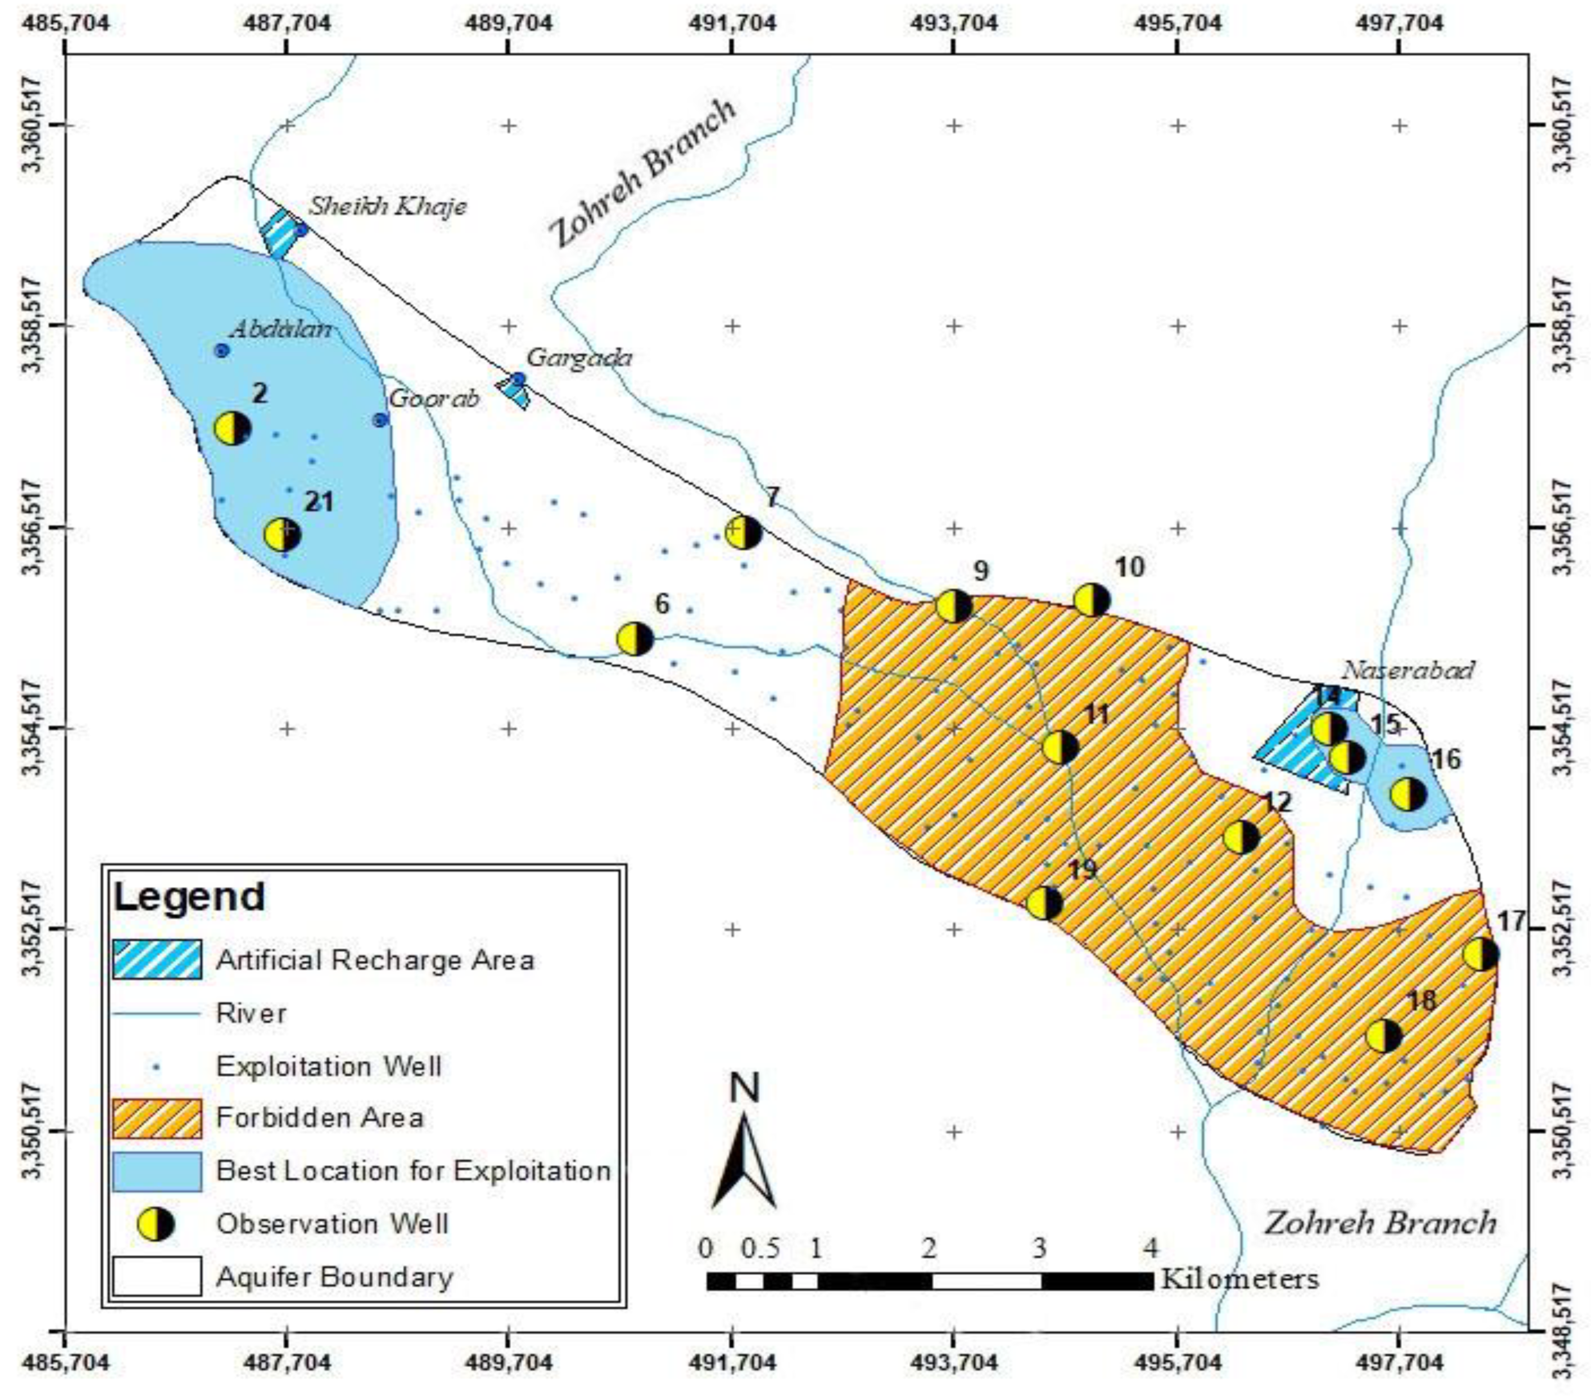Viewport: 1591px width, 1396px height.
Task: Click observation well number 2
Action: (232, 428)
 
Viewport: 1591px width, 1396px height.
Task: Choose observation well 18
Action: (1384, 1036)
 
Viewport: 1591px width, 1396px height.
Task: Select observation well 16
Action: (1408, 794)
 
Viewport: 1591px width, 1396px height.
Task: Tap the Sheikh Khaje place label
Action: (388, 206)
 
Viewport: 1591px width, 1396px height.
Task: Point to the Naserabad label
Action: (1408, 670)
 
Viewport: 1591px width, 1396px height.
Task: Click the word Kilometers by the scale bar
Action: (1240, 1278)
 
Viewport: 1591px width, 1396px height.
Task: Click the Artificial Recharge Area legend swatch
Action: (157, 959)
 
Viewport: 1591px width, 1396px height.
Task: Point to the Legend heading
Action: (189, 896)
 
